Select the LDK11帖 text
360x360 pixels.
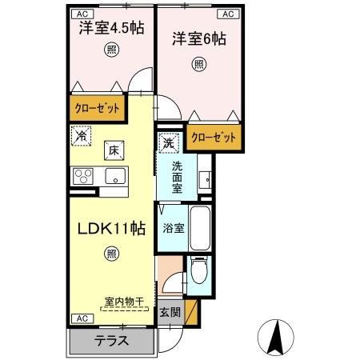110,228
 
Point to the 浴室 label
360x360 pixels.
174,228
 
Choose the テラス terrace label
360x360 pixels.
112,339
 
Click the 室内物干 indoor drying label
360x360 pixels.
122,302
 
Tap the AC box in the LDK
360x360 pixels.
81,318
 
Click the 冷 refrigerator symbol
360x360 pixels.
81,136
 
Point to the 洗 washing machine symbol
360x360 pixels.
169,143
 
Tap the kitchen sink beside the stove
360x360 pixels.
115,177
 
